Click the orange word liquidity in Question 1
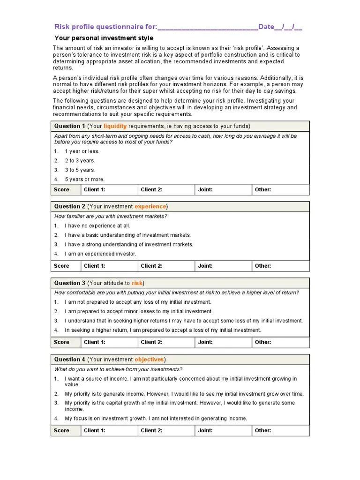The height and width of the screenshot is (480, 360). click(x=115, y=126)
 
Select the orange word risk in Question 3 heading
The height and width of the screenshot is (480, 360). click(x=137, y=283)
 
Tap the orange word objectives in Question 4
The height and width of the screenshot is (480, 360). click(x=149, y=360)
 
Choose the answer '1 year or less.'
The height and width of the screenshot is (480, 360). click(x=82, y=151)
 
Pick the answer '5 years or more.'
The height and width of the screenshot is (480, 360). click(x=85, y=180)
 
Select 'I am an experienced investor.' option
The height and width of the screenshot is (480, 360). click(x=100, y=254)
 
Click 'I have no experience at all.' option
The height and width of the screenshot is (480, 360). click(x=97, y=226)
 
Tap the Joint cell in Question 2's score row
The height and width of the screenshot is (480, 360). click(x=222, y=266)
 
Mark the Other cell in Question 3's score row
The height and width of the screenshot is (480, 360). click(x=280, y=342)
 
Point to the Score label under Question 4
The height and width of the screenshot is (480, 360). click(x=61, y=430)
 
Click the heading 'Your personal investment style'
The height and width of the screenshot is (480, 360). click(x=104, y=38)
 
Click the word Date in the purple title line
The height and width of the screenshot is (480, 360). click(x=266, y=27)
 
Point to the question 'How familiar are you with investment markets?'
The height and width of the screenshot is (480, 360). click(x=111, y=217)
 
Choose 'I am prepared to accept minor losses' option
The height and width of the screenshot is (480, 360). click(x=138, y=311)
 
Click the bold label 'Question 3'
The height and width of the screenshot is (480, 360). click(x=70, y=283)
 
